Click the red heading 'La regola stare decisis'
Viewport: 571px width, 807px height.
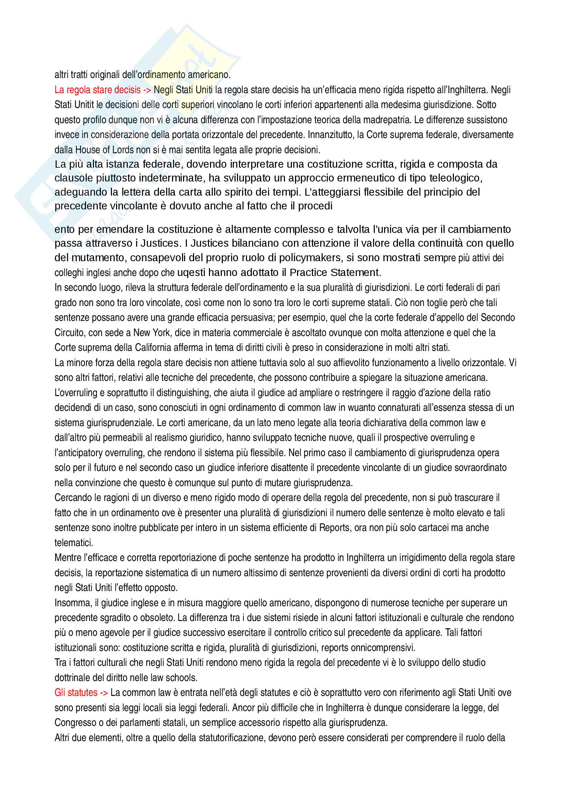point(97,90)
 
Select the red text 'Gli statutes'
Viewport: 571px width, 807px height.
point(76,692)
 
